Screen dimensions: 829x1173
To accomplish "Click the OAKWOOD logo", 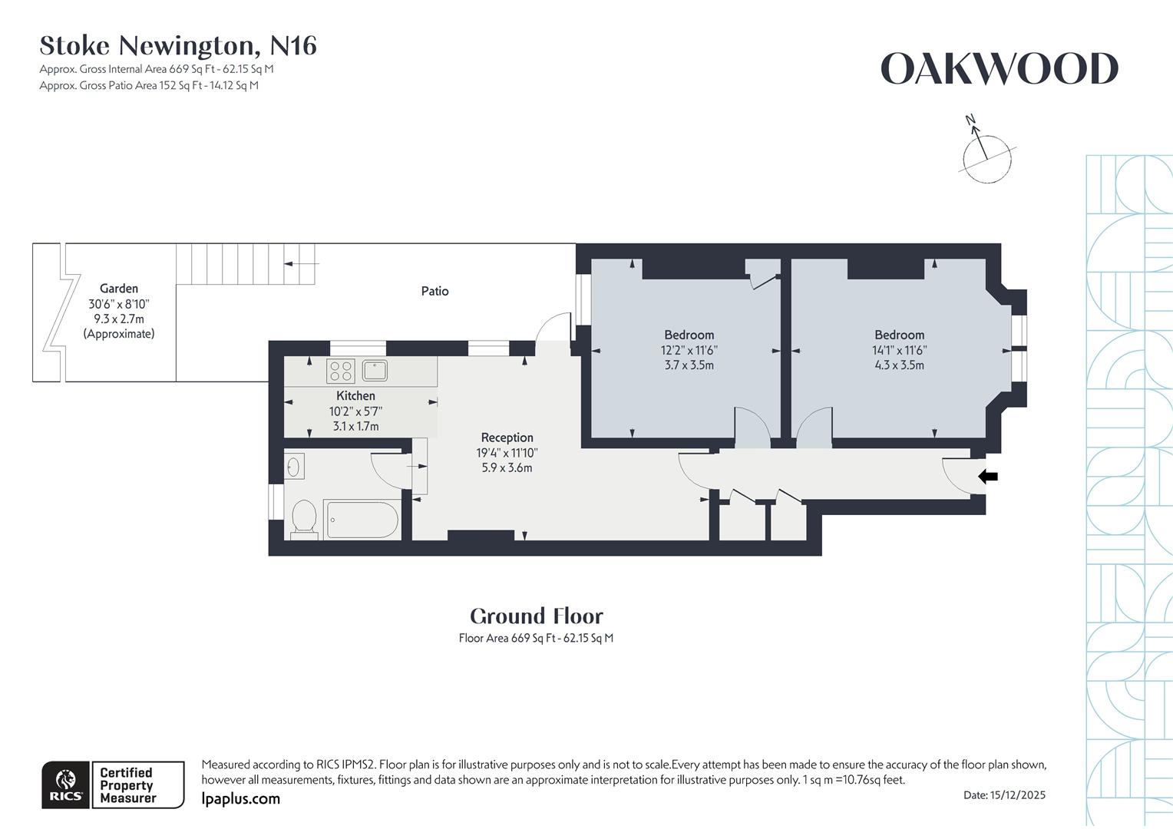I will [x=999, y=69].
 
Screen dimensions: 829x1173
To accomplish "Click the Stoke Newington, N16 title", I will [x=178, y=46].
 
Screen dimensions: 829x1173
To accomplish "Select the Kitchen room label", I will [x=355, y=396].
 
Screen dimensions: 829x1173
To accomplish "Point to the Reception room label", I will [x=507, y=438].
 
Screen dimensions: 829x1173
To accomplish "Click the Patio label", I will [x=435, y=291].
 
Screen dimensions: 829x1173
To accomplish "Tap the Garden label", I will [x=119, y=289].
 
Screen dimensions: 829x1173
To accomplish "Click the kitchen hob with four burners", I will [x=340, y=372].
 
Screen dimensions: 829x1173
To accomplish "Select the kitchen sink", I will [x=375, y=371].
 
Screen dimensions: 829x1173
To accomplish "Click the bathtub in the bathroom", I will [x=361, y=520].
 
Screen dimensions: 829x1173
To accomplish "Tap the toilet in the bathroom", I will [x=304, y=519].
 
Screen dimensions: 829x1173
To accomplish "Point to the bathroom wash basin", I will [x=293, y=466].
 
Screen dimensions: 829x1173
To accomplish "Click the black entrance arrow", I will [x=988, y=477].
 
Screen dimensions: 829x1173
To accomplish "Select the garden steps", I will [x=246, y=264].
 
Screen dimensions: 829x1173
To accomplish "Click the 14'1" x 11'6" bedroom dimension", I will [x=899, y=350].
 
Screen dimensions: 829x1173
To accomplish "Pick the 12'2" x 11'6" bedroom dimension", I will [x=689, y=350].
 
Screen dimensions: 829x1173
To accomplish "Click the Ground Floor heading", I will [x=536, y=616].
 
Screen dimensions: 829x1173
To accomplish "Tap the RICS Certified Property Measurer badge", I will [x=113, y=785].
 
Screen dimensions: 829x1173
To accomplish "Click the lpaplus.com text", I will [x=240, y=799].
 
